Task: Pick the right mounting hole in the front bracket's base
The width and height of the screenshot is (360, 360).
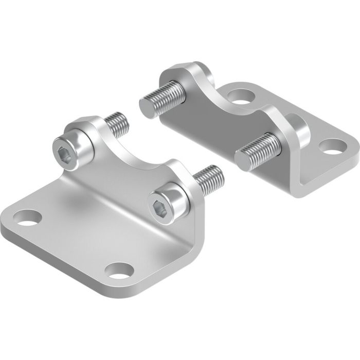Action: click(x=120, y=269)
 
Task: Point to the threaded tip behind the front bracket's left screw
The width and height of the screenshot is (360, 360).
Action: click(x=119, y=124)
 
